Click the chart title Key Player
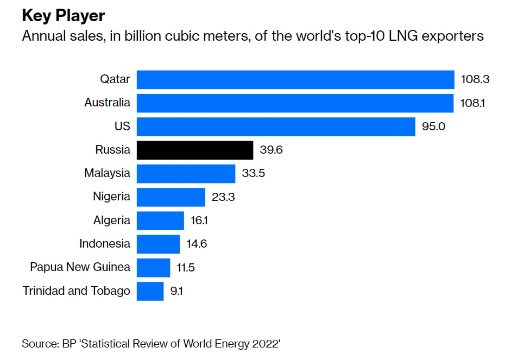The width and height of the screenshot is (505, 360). pyautogui.click(x=63, y=15)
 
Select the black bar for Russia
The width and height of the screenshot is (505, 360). pyautogui.click(x=194, y=150)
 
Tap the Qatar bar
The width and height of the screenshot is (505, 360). pyautogui.click(x=295, y=79)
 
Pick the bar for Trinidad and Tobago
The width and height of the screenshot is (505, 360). pyautogui.click(x=150, y=291)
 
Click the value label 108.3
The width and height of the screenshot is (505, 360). pyautogui.click(x=475, y=79)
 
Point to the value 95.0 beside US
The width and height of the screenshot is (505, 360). pyautogui.click(x=433, y=127)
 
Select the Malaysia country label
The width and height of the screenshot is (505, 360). pyautogui.click(x=107, y=173)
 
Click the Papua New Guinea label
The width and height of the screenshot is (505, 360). pyautogui.click(x=80, y=267)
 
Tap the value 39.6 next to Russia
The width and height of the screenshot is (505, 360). pyautogui.click(x=271, y=150)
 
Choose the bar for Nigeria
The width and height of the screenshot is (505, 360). pyautogui.click(x=171, y=197)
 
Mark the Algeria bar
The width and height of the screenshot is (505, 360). pyautogui.click(x=160, y=220)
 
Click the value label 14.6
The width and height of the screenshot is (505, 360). pyautogui.click(x=196, y=244)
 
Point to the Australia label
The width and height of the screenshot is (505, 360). pyautogui.click(x=107, y=103)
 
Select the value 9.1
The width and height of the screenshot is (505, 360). pyautogui.click(x=176, y=291)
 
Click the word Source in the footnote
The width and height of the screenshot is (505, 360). pyautogui.click(x=40, y=344)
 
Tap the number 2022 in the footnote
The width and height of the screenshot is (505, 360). pyautogui.click(x=263, y=344)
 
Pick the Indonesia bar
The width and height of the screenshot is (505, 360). pyautogui.click(x=158, y=244)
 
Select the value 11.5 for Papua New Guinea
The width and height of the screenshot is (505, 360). pyautogui.click(x=186, y=267)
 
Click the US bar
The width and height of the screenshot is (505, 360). pyautogui.click(x=276, y=127)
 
